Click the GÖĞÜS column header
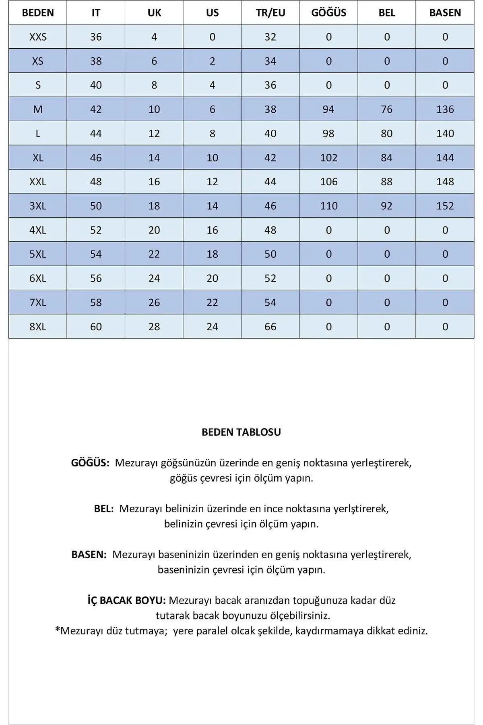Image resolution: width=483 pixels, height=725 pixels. [328, 12]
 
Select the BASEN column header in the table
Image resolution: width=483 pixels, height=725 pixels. [445, 12]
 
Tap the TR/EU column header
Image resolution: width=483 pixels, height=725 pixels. [270, 12]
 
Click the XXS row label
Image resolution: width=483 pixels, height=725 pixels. [38, 37]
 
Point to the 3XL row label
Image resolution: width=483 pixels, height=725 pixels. [38, 206]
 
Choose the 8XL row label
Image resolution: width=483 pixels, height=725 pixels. [38, 327]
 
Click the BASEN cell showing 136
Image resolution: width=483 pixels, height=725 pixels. [445, 109]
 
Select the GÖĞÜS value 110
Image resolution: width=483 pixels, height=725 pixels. [328, 206]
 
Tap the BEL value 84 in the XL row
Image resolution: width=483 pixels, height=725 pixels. [386, 157]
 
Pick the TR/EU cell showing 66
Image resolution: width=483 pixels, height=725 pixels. [270, 327]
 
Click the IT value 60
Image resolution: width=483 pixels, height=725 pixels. [96, 327]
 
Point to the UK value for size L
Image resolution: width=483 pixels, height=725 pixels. [154, 133]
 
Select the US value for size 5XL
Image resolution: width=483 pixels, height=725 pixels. [212, 254]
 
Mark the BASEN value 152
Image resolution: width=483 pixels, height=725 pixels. [445, 206]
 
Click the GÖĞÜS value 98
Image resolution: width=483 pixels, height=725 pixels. [328, 133]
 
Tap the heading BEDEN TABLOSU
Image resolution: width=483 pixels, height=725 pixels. [241, 432]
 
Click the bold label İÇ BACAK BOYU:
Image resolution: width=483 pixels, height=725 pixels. [126, 600]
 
